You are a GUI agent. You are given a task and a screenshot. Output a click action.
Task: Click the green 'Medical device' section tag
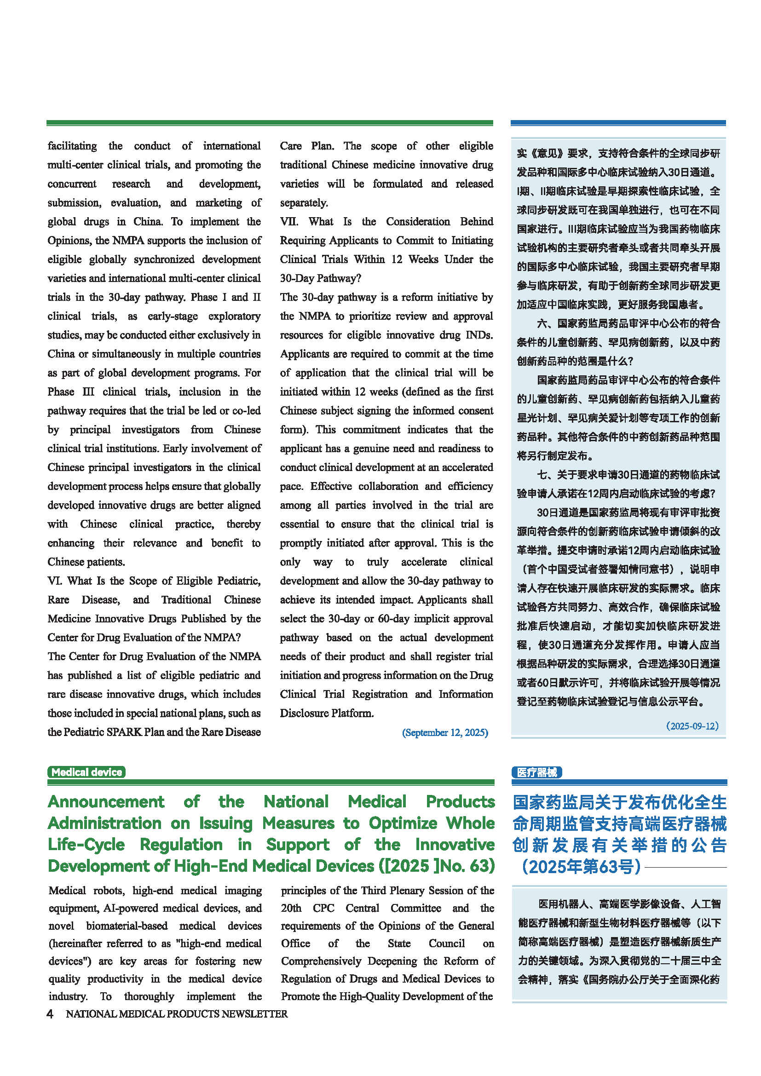[86, 772]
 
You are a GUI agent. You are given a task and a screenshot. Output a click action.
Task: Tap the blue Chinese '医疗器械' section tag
[536, 772]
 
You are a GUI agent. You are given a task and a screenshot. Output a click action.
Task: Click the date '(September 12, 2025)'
[445, 732]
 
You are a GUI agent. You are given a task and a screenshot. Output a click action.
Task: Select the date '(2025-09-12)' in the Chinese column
[692, 726]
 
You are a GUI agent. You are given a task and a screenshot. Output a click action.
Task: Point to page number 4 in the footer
[50, 1014]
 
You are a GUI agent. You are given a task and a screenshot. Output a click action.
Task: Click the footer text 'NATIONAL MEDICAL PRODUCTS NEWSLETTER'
[177, 1014]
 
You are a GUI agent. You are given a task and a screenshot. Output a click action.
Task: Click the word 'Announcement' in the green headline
[106, 802]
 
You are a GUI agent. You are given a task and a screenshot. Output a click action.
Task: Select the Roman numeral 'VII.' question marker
[289, 222]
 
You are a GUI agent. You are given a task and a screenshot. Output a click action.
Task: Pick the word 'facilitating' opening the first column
[72, 146]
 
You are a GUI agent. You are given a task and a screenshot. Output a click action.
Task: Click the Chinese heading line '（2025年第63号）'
[581, 867]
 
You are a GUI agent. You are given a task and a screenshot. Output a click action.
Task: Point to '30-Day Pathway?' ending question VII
[321, 278]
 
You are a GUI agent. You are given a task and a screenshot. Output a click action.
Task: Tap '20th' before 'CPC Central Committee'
[291, 908]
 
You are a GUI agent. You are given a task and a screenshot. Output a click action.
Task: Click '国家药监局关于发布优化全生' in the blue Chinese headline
[619, 802]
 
